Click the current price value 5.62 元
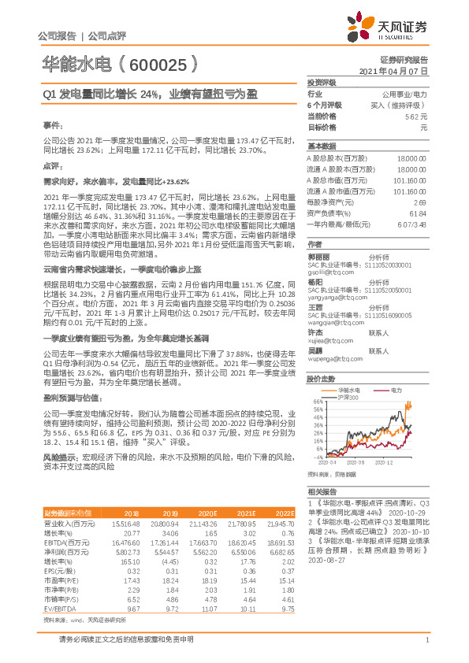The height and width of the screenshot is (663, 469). coord(415,116)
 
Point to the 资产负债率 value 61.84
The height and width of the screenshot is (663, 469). coord(418,213)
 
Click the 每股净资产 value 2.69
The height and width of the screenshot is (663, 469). coord(420,202)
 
